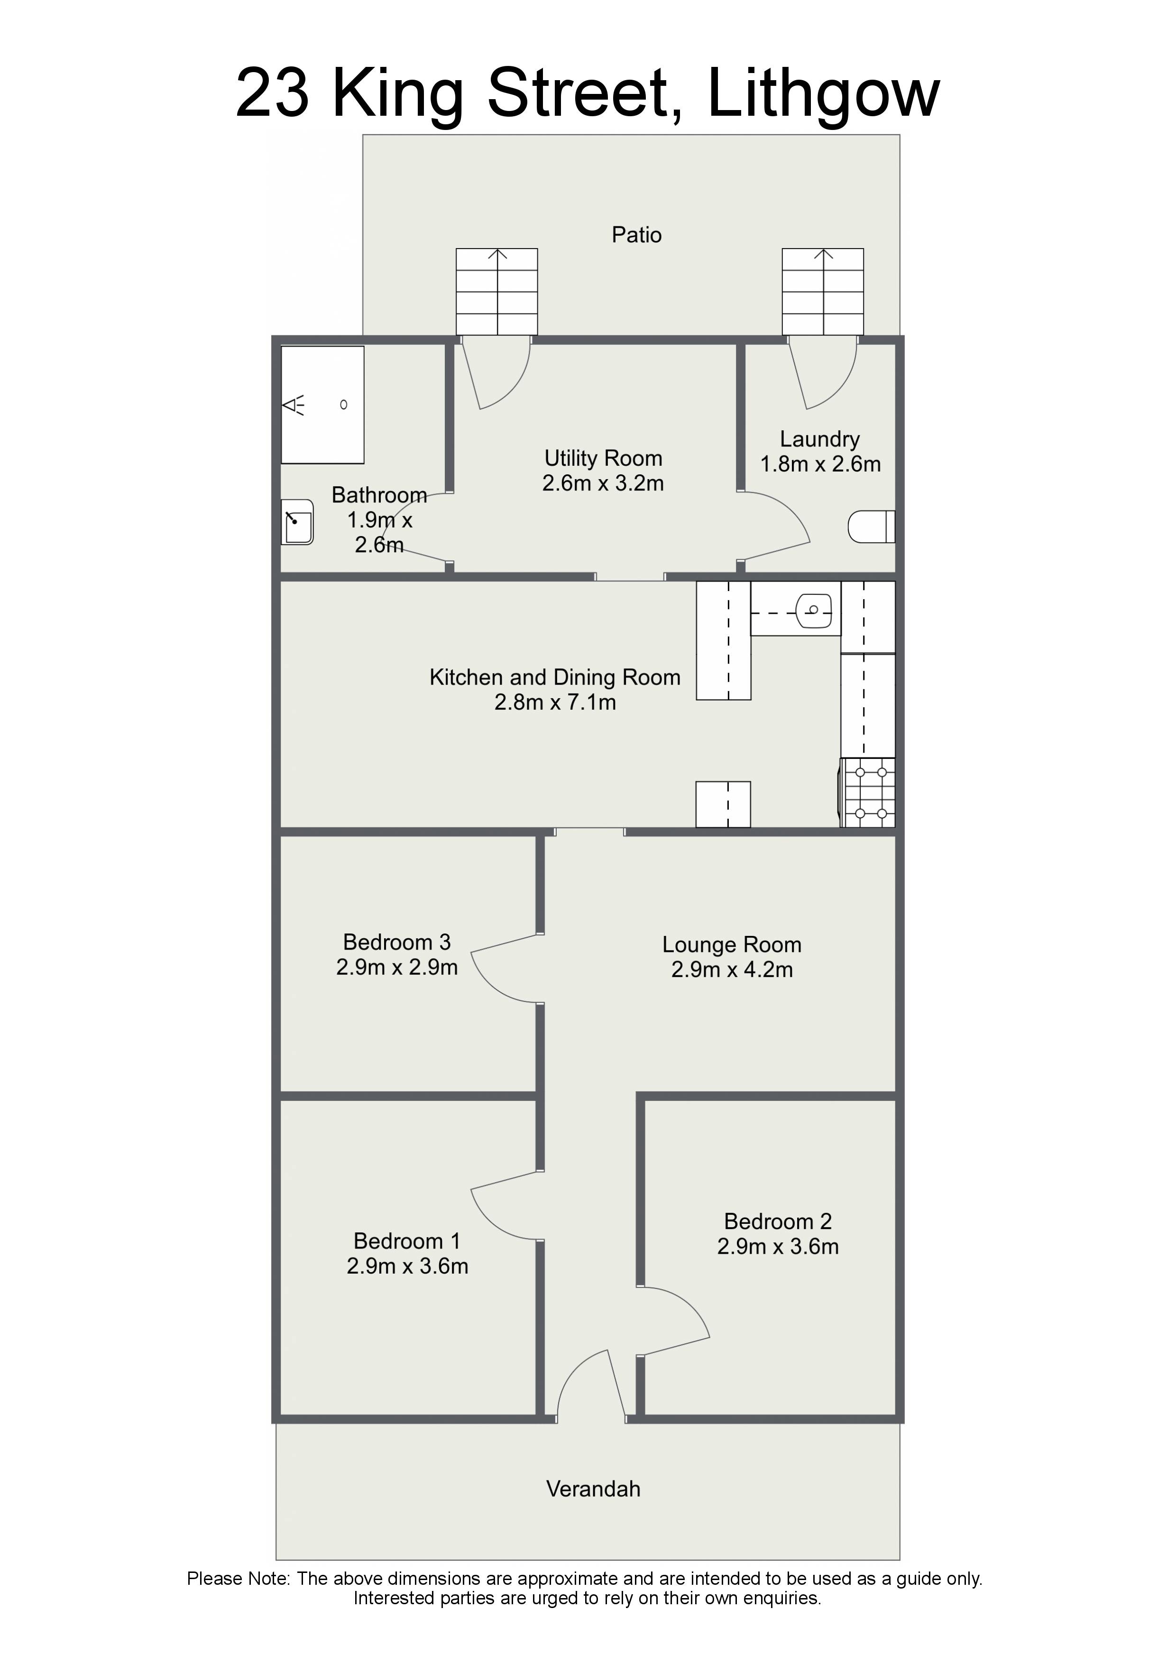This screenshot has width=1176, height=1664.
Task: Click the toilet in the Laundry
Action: (x=872, y=527)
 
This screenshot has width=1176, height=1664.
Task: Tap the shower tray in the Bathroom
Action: (x=322, y=405)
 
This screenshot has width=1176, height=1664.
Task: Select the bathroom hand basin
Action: (x=297, y=522)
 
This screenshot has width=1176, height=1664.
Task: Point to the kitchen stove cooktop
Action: (x=868, y=792)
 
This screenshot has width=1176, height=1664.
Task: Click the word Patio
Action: (x=636, y=235)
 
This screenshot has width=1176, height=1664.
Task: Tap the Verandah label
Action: (x=593, y=1488)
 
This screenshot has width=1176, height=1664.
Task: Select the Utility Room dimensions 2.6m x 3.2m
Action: (x=603, y=483)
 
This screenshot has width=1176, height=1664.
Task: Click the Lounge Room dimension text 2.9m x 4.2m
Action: (x=732, y=969)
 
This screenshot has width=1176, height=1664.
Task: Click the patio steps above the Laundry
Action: (x=822, y=291)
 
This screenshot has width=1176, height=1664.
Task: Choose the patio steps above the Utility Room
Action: (x=496, y=291)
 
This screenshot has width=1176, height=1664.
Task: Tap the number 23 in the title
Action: (x=273, y=93)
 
